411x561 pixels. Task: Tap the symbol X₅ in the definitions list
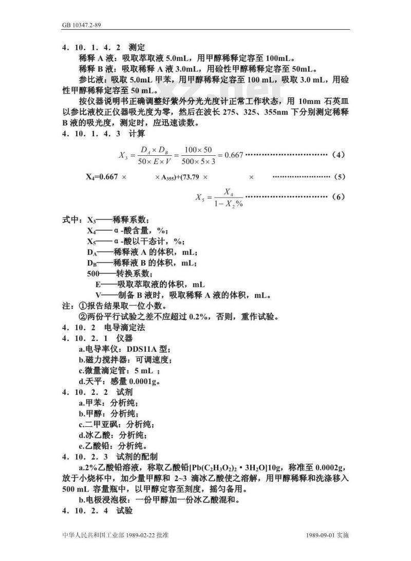tap(91, 242)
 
